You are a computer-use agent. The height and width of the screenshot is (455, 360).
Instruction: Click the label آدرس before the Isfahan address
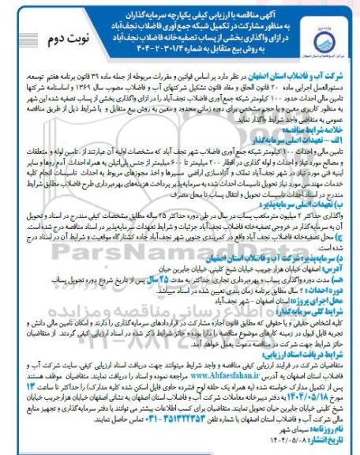[x=336, y=287]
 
